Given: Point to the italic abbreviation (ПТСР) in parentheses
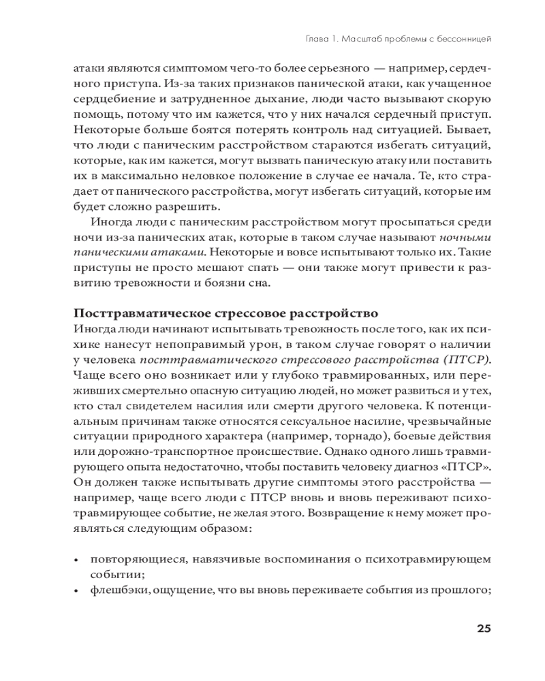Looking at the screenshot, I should click(x=467, y=359).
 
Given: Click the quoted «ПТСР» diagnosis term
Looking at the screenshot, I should click(x=469, y=465).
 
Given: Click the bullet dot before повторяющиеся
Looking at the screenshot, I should click(x=76, y=559).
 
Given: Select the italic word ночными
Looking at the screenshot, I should click(x=465, y=238).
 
